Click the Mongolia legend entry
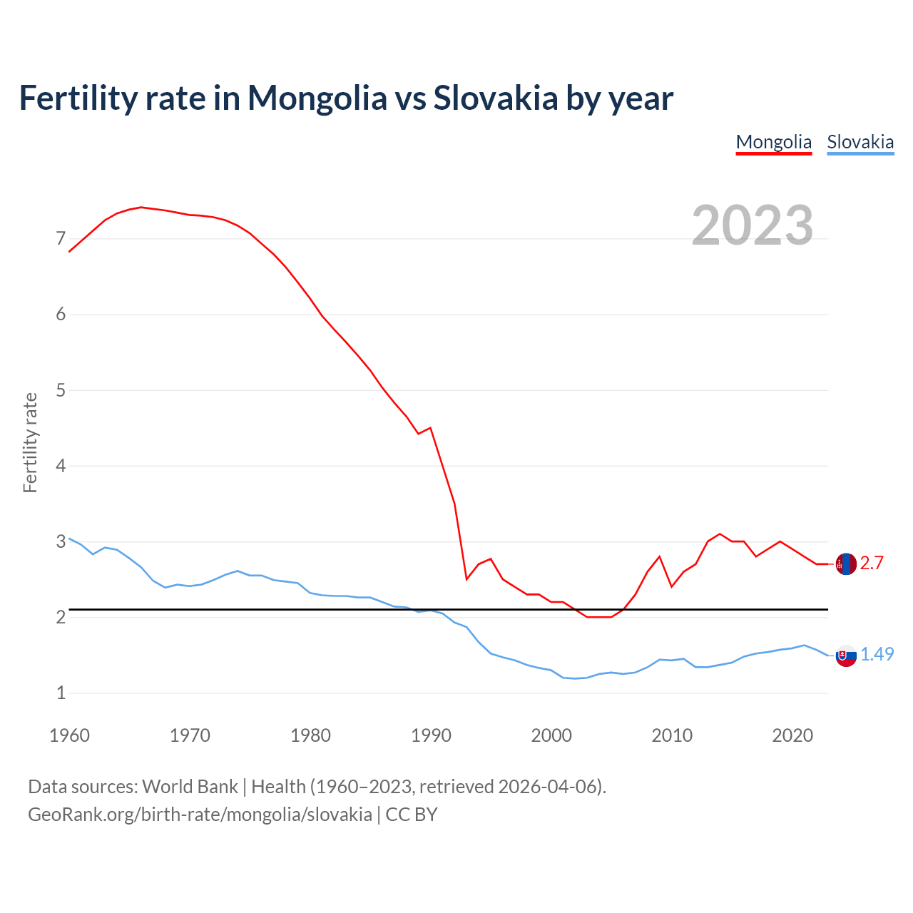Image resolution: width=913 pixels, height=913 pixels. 773,142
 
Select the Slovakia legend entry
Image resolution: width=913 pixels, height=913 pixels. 860,142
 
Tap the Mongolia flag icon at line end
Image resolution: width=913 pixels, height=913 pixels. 846,563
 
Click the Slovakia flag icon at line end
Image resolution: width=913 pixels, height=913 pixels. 846,655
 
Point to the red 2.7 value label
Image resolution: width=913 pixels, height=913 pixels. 872,563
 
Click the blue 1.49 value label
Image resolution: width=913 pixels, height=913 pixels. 877,654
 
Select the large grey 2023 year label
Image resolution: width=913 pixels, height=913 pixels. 752,225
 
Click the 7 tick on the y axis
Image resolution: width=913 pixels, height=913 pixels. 61,238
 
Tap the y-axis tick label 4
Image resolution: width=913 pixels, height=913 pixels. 61,466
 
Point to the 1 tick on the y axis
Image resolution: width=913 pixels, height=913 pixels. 61,693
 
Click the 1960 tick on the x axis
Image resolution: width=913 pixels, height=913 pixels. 69,735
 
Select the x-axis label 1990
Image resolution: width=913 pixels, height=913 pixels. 431,735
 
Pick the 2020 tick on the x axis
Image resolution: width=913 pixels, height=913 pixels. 792,735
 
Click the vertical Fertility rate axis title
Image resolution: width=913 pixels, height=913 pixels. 30,442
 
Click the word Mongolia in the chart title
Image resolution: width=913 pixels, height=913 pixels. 317,98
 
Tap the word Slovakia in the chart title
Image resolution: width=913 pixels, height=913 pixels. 495,98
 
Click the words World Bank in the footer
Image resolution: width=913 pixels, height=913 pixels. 190,787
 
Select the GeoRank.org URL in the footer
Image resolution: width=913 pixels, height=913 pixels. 200,815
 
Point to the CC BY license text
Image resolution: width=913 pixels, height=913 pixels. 412,815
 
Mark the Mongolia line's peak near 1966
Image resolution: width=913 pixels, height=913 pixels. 141,207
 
